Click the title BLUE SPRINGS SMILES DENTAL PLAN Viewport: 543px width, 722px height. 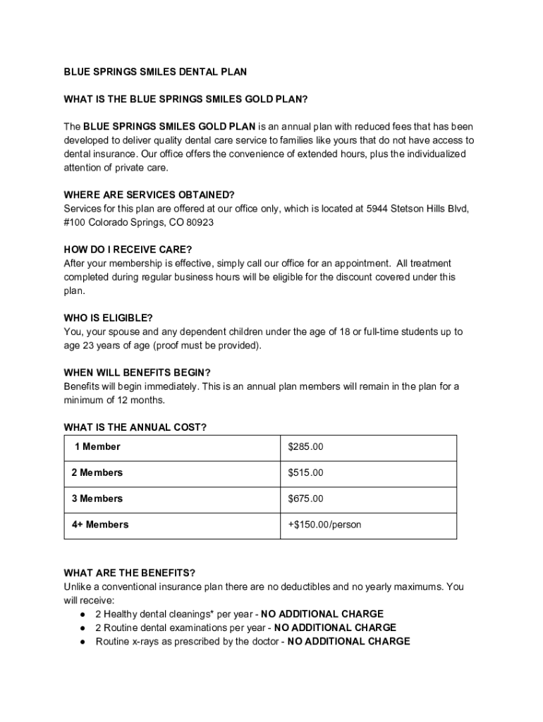pos(155,72)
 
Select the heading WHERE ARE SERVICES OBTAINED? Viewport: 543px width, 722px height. pos(149,195)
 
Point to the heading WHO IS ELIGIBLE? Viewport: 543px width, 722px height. pos(108,318)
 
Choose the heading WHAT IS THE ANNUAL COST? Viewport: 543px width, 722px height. pos(135,427)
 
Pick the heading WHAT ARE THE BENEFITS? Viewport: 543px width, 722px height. pos(129,573)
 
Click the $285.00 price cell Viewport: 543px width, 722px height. pos(305,446)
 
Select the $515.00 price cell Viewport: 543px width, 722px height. pos(305,472)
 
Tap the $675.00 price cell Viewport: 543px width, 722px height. pos(305,498)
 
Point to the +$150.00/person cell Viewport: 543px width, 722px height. pos(324,525)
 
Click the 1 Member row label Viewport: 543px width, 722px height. pos(97,446)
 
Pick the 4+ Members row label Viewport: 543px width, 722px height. pos(100,525)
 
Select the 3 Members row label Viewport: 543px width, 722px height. pos(97,498)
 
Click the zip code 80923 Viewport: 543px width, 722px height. pos(200,222)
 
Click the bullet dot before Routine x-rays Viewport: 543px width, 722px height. pos(83,642)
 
